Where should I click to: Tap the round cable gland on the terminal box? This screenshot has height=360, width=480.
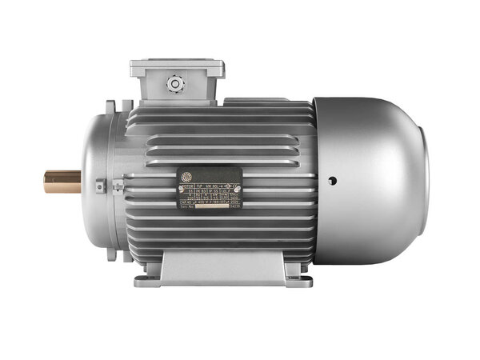point(174,83)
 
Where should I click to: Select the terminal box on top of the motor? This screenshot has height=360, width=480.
point(177,81)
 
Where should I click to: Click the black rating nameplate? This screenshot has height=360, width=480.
point(210,187)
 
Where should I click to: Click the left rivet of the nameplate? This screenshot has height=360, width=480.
point(180,188)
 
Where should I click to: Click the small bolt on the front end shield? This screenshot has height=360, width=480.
point(100,186)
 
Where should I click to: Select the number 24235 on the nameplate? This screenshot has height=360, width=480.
point(238,206)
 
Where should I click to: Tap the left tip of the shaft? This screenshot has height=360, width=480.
point(46,182)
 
